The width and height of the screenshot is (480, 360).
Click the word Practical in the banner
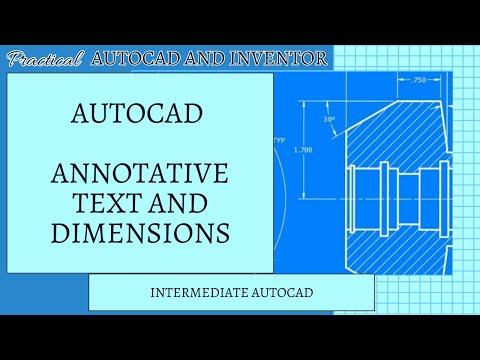click(44, 59)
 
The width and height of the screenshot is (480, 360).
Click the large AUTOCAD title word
click(139, 112)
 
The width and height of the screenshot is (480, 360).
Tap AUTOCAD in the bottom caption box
click(279, 293)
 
